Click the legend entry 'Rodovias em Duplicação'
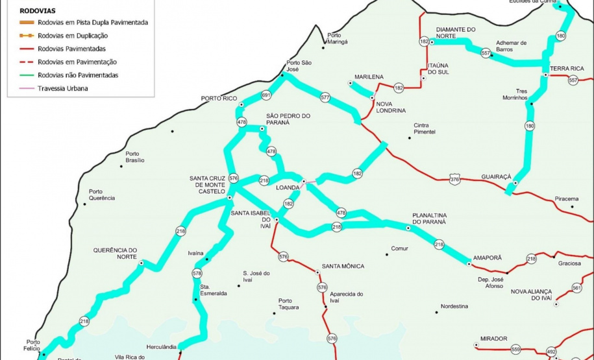tap(73, 36)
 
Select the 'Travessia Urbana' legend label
tap(63, 88)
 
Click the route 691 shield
tap(266, 95)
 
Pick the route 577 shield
tap(325, 97)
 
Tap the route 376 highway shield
tap(454, 179)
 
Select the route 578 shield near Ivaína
tap(197, 274)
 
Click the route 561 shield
tap(577, 287)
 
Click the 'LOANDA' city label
tap(288, 187)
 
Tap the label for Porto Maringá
tap(338, 38)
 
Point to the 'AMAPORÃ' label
tap(488, 258)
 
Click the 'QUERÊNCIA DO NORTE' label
tap(115, 253)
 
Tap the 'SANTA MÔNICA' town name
tap(343, 266)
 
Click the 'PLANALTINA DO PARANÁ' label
tap(429, 218)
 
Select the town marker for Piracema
tap(572, 207)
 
